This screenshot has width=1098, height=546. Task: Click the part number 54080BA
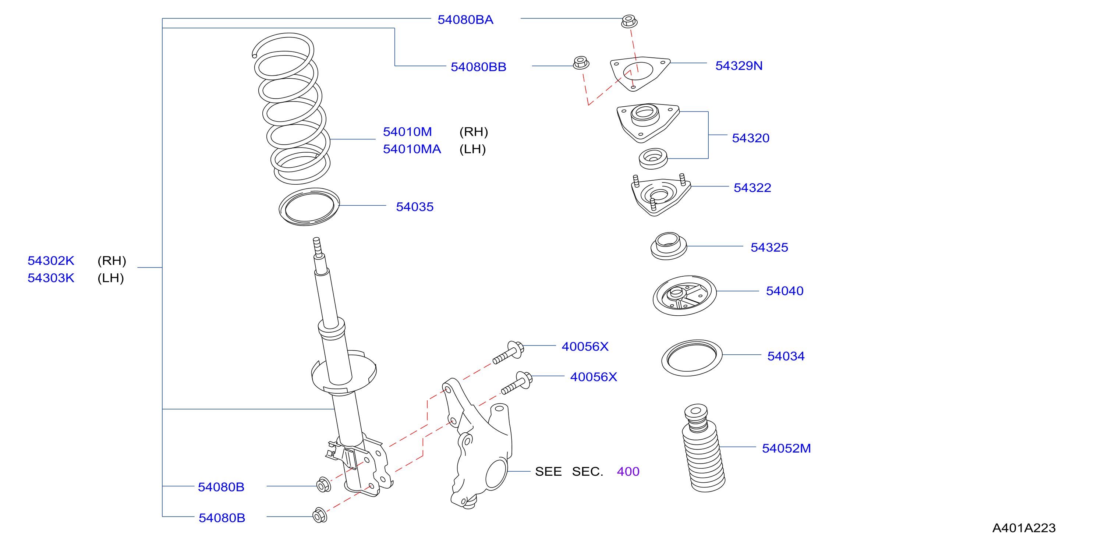(465, 19)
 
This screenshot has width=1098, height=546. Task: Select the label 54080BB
(478, 67)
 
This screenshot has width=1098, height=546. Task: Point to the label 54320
(750, 138)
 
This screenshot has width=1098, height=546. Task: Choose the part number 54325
(769, 247)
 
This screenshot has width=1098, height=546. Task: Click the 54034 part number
(786, 356)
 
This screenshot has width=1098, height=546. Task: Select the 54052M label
(786, 448)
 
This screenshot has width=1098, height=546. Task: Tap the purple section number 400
(628, 471)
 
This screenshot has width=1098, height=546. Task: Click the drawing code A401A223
(1023, 528)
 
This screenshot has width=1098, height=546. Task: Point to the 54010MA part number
(412, 149)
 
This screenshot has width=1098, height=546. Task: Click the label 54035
(414, 207)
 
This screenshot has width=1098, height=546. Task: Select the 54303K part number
(51, 278)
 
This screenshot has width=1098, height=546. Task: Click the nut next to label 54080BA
(629, 21)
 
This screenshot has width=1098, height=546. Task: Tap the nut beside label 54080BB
(581, 63)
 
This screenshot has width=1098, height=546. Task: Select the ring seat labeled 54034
(691, 358)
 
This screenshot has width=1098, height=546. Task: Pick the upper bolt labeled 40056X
(508, 352)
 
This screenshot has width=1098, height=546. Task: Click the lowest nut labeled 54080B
(320, 515)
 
